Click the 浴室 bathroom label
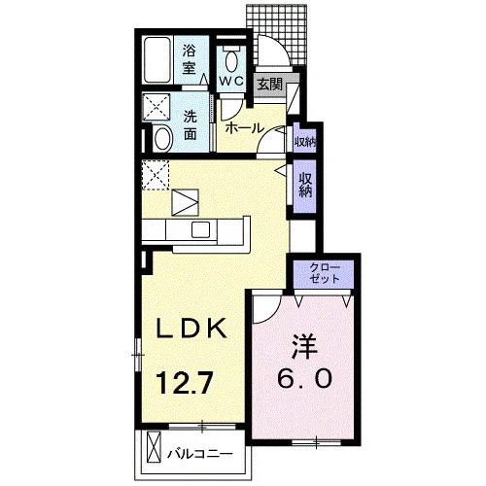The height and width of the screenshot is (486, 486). (x=189, y=59)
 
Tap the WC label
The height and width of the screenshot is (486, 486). (x=231, y=81)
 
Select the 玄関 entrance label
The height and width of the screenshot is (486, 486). (x=269, y=85)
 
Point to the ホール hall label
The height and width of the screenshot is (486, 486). (x=245, y=128)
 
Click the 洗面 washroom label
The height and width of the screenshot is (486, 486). (x=191, y=125)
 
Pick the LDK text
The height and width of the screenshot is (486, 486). (x=191, y=329)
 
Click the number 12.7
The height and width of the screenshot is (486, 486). (x=184, y=383)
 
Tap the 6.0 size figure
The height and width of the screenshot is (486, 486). (x=304, y=378)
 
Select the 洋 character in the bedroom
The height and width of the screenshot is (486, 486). (x=304, y=347)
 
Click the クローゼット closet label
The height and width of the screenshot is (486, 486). (x=325, y=273)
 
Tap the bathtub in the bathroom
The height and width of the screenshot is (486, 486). (x=157, y=60)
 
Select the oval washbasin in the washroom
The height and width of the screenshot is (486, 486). (x=163, y=139)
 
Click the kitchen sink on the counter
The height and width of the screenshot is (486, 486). (x=200, y=229)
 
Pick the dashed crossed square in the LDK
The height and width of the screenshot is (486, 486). (x=156, y=175)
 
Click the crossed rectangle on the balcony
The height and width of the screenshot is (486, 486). (x=154, y=447)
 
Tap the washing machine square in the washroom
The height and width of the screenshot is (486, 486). (x=156, y=107)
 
